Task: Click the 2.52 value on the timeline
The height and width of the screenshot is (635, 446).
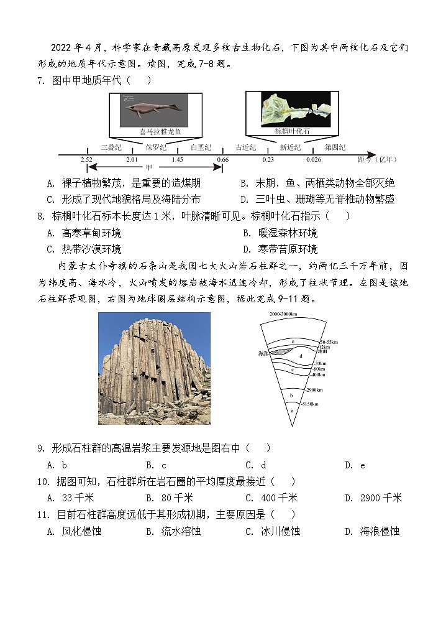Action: point(86,160)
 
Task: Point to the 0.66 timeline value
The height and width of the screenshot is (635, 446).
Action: point(222,160)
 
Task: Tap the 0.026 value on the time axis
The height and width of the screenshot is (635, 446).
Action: point(314,160)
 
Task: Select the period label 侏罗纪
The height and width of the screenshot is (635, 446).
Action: point(156,147)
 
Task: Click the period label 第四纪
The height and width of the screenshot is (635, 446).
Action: point(335,147)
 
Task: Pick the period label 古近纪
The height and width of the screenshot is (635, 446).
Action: point(246,147)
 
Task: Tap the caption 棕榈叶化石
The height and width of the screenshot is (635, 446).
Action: point(292,131)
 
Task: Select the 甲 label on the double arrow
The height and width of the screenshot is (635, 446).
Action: point(148,167)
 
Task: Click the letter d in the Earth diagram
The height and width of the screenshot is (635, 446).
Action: point(301,356)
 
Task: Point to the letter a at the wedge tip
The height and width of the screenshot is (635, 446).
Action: point(292,411)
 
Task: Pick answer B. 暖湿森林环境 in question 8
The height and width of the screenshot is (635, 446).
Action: point(280,233)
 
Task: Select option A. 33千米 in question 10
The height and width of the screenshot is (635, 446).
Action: point(70,498)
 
